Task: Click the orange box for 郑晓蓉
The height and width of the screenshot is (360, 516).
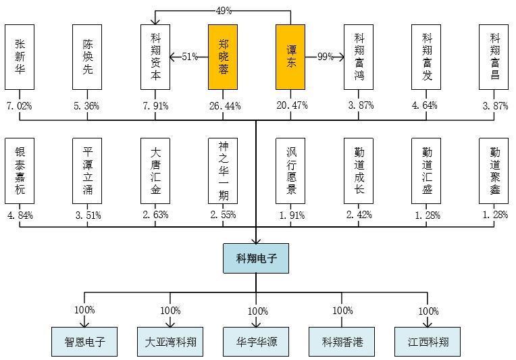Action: [x=223, y=57]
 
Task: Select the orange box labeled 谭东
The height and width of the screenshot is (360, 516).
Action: [x=290, y=57]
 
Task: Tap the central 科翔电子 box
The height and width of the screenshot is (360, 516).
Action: [x=256, y=258]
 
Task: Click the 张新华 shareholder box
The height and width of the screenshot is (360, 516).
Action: [x=20, y=57]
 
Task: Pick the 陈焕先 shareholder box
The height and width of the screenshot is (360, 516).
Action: [x=87, y=57]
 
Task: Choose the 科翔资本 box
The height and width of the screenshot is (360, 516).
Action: [x=155, y=57]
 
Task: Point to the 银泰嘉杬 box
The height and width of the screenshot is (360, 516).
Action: [x=20, y=170]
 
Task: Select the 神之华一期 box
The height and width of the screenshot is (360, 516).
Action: [x=223, y=170]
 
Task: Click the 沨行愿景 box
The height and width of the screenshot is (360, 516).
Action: [x=290, y=170]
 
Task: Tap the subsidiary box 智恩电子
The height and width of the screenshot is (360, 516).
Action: [x=84, y=342]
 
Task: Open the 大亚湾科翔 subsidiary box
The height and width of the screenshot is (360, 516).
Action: [x=170, y=342]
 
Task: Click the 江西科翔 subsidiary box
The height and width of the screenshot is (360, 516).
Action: [x=428, y=342]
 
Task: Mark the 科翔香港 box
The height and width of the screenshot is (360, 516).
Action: [x=342, y=342]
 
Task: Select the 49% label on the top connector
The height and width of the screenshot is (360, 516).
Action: [x=224, y=11]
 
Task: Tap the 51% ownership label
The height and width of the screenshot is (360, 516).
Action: [x=189, y=57]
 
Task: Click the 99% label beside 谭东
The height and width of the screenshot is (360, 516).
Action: [x=326, y=57]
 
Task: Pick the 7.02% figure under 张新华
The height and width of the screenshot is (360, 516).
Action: [x=20, y=105]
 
